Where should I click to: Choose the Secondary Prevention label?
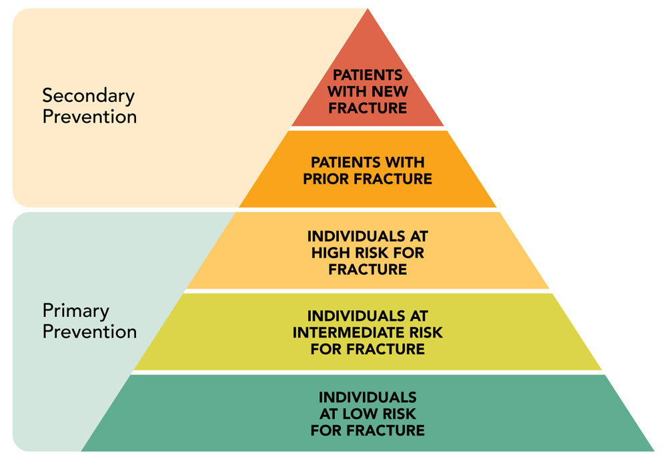point(89,105)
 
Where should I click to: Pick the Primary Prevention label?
point(89,321)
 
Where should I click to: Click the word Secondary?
point(89,95)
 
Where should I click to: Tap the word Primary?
point(75,311)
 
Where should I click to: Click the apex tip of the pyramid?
point(368,11)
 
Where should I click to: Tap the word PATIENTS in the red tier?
point(368,74)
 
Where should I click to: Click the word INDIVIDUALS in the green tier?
point(368,397)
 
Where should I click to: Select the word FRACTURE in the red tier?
point(368,108)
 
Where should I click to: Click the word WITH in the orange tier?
point(406,162)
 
